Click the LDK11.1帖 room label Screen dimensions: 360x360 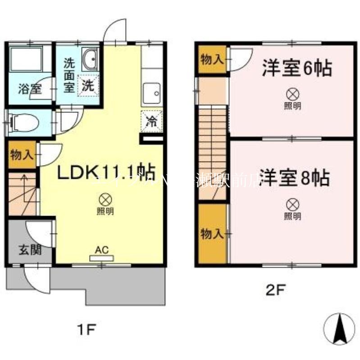click(x=105, y=172)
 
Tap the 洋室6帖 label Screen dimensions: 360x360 click(x=297, y=69)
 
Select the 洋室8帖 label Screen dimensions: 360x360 click(x=293, y=178)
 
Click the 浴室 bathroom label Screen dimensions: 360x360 click(x=30, y=89)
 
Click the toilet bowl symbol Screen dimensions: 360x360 click(x=20, y=121)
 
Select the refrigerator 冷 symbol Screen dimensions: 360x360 click(x=152, y=120)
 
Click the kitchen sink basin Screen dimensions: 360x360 click(x=152, y=94)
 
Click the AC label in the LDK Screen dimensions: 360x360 click(x=102, y=250)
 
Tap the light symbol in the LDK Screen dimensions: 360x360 click(x=105, y=198)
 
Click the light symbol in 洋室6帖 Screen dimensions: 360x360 click(x=293, y=94)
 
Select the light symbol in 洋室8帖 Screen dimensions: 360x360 click(x=293, y=205)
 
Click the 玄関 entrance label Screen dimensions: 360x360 click(x=30, y=249)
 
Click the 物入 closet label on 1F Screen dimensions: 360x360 click(x=22, y=155)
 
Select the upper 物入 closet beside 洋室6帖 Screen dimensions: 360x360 click(x=212, y=59)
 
